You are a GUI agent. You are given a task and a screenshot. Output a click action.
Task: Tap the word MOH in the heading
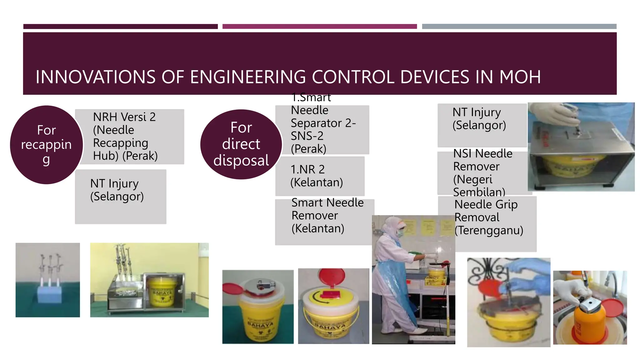[x=520, y=77]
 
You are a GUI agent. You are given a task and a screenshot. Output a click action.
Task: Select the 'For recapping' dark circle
[x=47, y=145]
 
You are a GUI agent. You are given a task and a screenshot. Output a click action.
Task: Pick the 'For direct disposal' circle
[x=241, y=144]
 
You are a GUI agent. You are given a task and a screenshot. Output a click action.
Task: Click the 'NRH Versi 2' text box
[x=129, y=137]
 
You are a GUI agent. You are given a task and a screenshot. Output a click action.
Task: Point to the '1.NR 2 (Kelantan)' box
[x=319, y=176]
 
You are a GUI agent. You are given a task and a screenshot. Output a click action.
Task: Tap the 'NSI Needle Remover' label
[x=483, y=172]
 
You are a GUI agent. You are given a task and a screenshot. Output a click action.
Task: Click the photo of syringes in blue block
[x=48, y=280]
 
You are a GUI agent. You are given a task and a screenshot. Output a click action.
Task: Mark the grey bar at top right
[x=519, y=27]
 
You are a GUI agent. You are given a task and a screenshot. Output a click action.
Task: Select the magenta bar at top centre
[x=319, y=27]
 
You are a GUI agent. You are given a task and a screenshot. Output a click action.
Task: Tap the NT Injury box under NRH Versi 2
[x=121, y=197]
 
